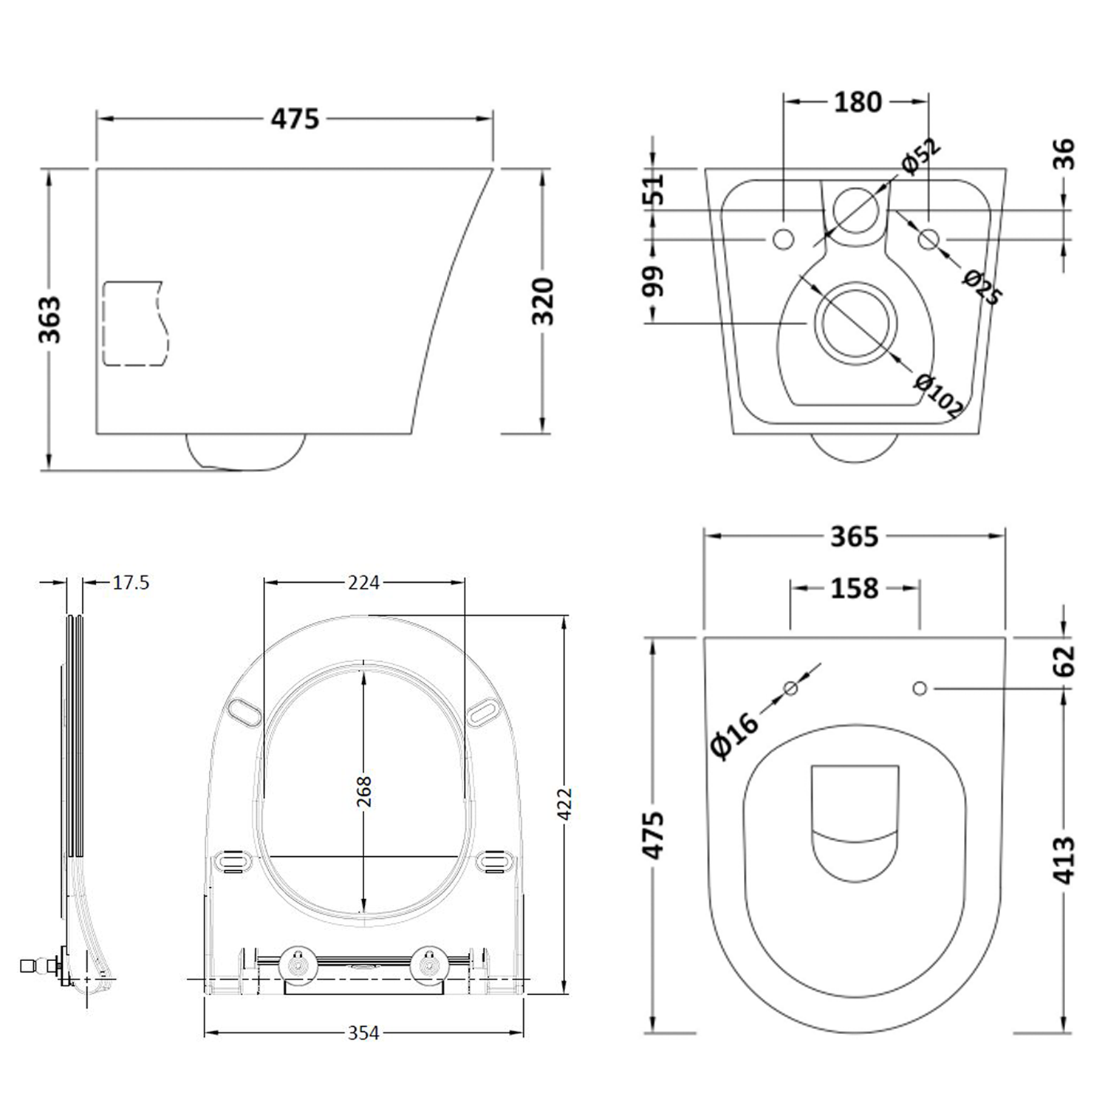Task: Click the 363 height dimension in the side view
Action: [x=50, y=319]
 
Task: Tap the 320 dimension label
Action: [x=543, y=301]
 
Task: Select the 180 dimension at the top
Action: [x=858, y=102]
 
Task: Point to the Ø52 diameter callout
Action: [x=920, y=156]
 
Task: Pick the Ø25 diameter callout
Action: [x=982, y=287]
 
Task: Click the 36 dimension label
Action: [x=1064, y=154]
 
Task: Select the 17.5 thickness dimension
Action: [x=131, y=583]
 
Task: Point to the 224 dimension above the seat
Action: [x=363, y=583]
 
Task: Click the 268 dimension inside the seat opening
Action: [x=363, y=791]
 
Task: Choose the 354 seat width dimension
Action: [x=363, y=1033]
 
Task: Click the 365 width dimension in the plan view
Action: [x=854, y=536]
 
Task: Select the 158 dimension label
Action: [x=855, y=588]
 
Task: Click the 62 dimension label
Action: [x=1064, y=660]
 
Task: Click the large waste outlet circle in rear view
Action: [x=856, y=324]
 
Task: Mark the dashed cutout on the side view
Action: [x=133, y=323]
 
